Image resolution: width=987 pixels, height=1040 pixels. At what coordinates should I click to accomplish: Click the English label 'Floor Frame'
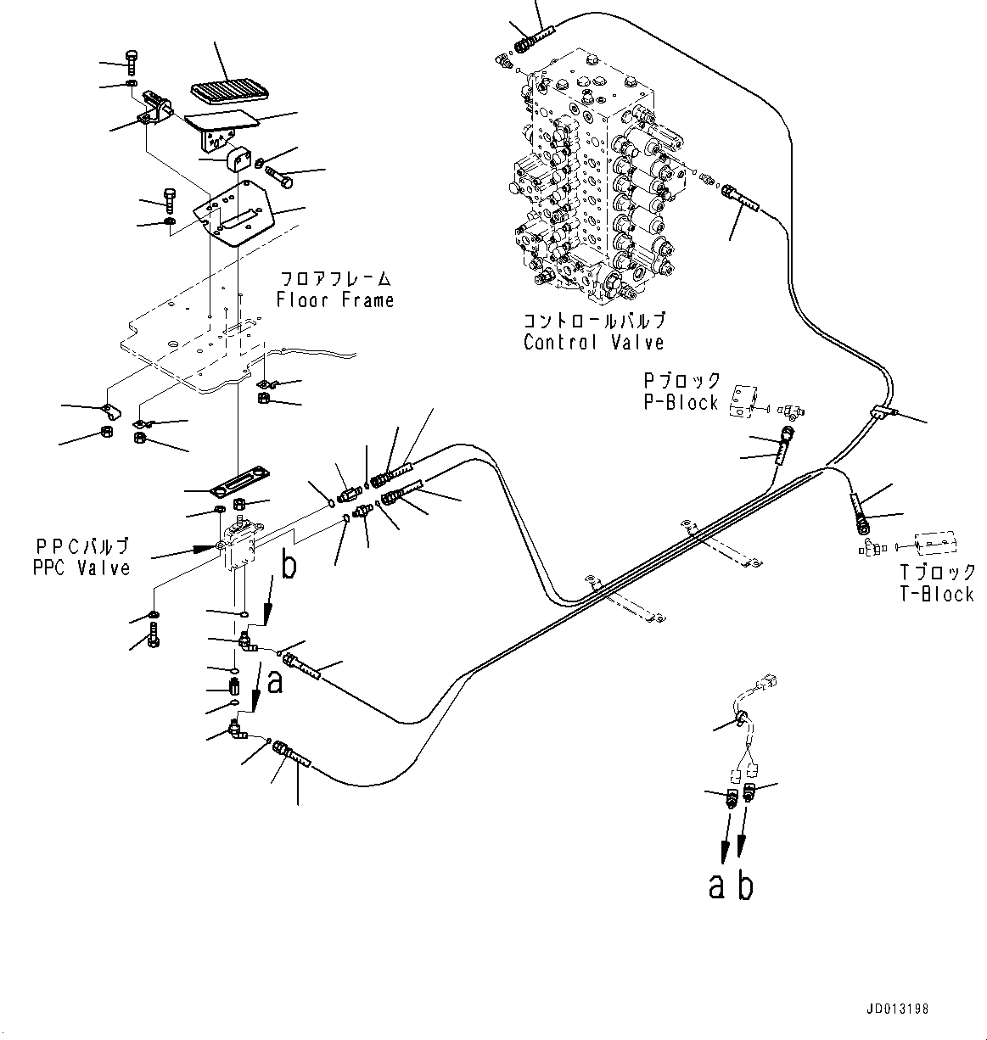pos(334,300)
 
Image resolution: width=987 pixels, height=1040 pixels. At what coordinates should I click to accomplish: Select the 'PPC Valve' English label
pos(81,568)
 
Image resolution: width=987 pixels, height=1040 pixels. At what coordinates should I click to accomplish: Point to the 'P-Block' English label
pos(681,402)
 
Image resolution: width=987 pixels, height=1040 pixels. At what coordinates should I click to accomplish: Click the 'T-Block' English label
pos(937,594)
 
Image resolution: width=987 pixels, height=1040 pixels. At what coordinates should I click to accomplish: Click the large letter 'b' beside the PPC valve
pos(289,566)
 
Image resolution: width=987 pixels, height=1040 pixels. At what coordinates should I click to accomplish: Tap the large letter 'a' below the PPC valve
pos(274,680)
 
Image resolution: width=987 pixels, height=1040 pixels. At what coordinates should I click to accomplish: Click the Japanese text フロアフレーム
pos(336,278)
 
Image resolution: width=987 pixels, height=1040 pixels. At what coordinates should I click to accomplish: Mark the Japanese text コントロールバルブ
pos(593,322)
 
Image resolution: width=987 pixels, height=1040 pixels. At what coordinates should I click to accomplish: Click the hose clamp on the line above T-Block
pos(882,412)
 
